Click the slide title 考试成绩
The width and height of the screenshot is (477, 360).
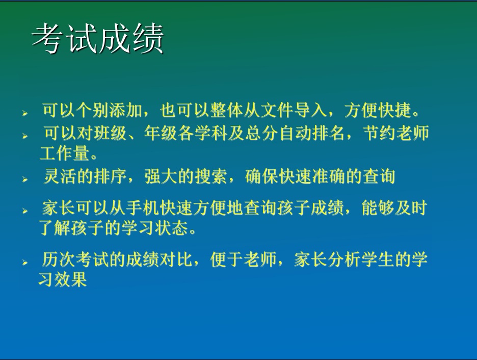tap(98, 39)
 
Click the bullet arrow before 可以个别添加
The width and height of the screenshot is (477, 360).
tap(25, 114)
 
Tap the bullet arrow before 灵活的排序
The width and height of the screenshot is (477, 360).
tap(25, 179)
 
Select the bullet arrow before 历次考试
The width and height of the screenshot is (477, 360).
tap(25, 262)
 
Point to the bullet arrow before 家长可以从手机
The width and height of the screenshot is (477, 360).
tap(25, 211)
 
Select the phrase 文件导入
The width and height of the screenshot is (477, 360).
tap(293, 111)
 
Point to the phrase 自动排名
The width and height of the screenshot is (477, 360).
tap(311, 133)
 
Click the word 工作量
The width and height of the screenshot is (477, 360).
tap(64, 153)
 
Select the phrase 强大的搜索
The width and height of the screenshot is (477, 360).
tap(185, 176)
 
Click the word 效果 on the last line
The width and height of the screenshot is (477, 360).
tap(70, 279)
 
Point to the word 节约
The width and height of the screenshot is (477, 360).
tap(379, 133)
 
